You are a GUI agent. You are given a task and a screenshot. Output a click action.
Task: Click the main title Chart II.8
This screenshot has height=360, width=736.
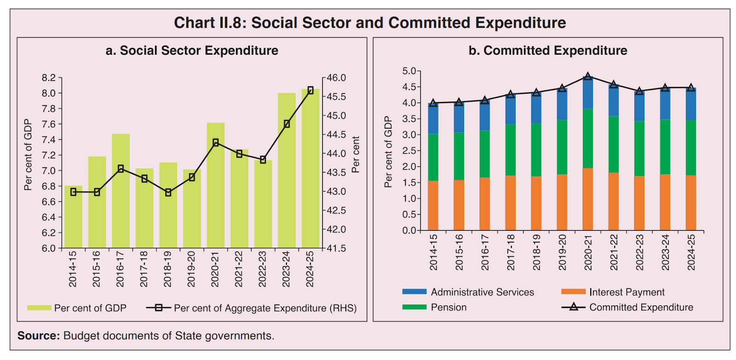370,23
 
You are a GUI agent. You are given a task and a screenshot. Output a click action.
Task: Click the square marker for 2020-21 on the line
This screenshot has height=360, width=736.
216,143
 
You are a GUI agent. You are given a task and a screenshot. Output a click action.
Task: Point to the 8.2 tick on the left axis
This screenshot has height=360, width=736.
48,78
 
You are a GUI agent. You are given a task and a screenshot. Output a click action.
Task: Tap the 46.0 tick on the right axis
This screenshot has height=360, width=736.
337,78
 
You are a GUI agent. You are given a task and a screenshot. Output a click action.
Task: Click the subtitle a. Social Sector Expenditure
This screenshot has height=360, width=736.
192,51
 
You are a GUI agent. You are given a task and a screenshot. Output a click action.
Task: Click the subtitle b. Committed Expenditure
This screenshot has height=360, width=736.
547,51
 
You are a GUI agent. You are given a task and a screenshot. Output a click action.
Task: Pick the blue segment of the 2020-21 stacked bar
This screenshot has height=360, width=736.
588,93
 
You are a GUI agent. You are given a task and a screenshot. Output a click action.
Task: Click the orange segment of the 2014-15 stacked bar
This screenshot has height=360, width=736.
433,206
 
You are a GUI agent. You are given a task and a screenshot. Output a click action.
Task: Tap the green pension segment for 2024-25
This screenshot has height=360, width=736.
691,148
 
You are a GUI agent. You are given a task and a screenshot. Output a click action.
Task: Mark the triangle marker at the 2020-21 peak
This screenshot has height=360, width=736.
588,76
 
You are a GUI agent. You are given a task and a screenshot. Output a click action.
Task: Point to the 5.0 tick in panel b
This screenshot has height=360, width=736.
408,71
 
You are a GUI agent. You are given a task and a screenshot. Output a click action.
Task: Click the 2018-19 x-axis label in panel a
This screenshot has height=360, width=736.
167,269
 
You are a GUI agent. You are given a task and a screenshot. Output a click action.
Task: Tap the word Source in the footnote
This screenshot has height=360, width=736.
39,336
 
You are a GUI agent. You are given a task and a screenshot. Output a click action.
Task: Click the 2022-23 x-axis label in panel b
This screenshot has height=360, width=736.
639,252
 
